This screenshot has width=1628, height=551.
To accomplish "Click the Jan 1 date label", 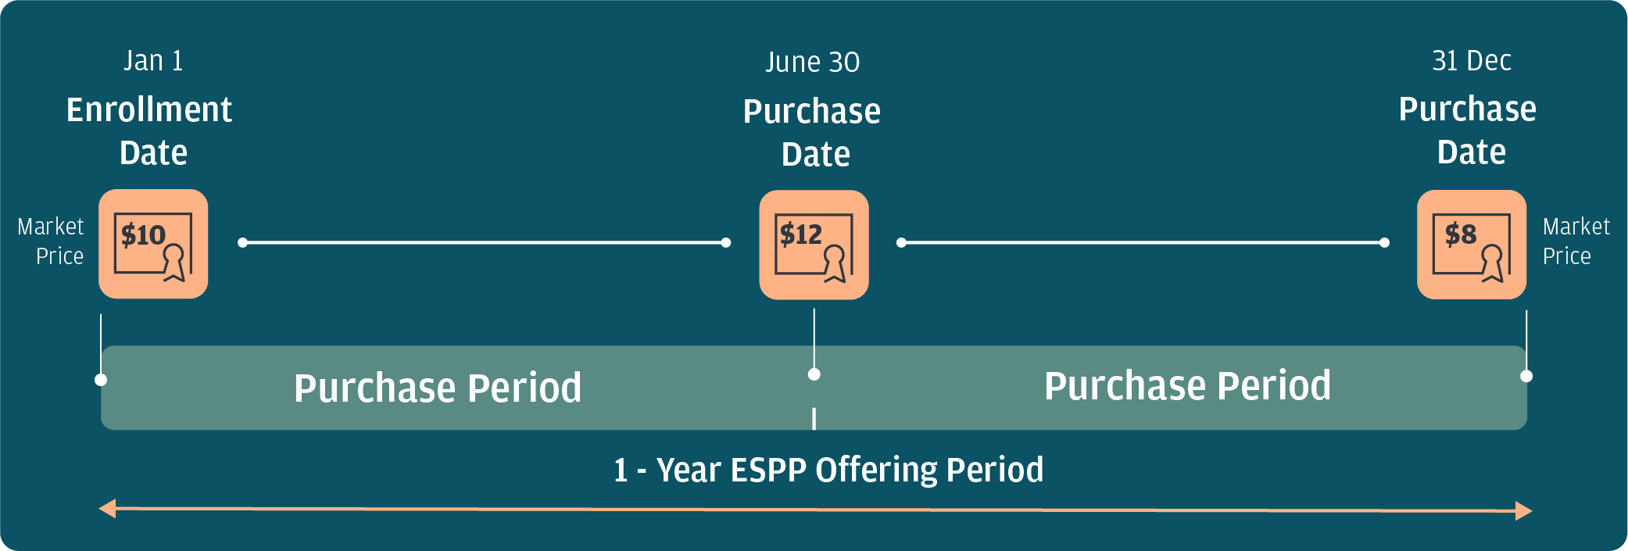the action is (x=153, y=61).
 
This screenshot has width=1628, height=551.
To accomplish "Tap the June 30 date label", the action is (x=813, y=63).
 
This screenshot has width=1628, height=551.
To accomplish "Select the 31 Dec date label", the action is (x=1472, y=61).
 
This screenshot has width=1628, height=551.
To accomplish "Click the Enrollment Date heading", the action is (x=150, y=131).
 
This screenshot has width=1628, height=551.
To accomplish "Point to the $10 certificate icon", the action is (x=153, y=244).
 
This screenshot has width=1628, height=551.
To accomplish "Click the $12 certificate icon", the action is (x=814, y=245).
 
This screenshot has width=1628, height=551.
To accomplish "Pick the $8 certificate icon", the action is (x=1472, y=245).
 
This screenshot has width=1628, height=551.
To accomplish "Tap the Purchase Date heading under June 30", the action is (x=812, y=133).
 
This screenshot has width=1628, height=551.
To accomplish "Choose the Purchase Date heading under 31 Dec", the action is (x=1468, y=130).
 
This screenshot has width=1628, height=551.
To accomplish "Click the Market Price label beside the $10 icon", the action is (x=51, y=242).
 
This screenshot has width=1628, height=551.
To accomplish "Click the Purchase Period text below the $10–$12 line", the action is (x=438, y=388).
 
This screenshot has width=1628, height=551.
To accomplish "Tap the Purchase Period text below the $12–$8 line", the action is (x=1188, y=386).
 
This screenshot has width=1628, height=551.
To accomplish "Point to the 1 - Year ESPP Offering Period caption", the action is (x=828, y=470).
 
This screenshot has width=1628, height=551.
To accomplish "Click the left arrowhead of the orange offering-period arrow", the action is (x=107, y=509).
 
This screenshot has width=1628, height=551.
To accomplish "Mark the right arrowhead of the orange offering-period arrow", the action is (x=1524, y=511).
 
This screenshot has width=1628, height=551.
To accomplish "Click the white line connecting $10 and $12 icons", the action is (x=485, y=243).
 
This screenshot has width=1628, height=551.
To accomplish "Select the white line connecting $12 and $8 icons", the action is (x=1143, y=243).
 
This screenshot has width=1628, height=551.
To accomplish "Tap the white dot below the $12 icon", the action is (x=814, y=374).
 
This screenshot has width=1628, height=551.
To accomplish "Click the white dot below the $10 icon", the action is (x=101, y=380).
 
